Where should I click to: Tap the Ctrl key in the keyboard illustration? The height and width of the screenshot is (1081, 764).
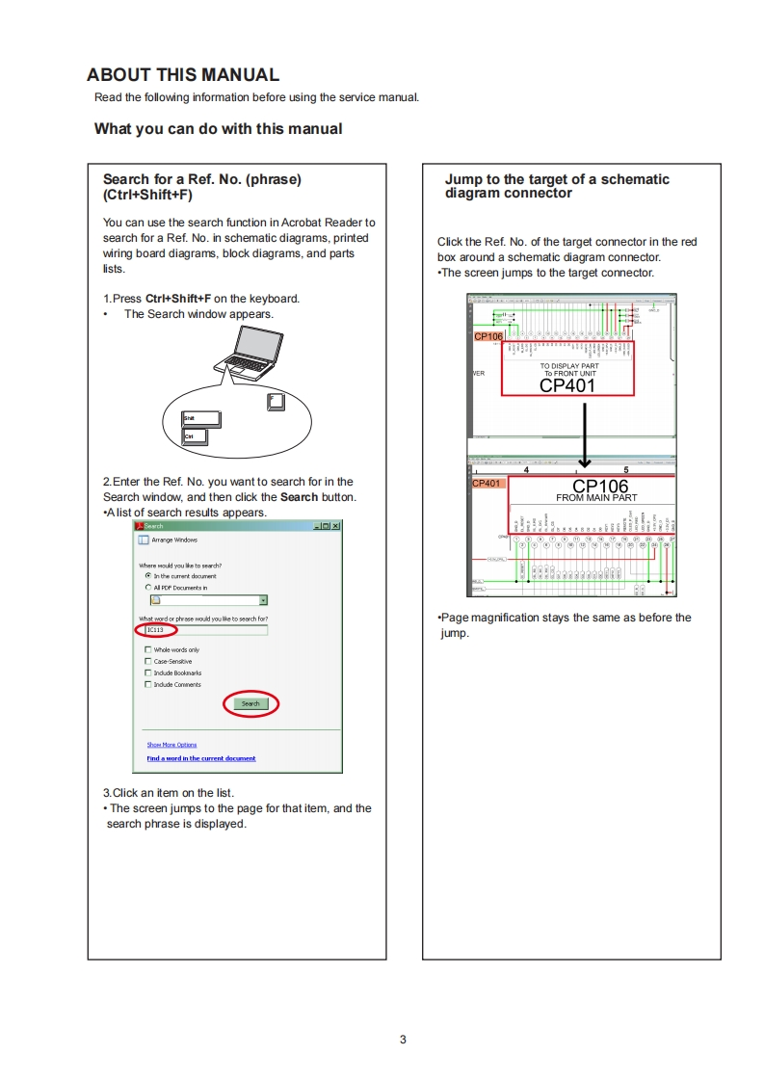(195, 436)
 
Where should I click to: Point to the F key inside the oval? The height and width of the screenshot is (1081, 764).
(277, 400)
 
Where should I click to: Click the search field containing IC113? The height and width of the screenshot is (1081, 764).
(205, 629)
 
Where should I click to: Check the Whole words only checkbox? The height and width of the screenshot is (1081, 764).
(148, 650)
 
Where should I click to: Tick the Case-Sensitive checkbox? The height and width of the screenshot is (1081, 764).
(148, 662)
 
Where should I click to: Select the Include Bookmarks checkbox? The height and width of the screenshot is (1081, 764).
(148, 673)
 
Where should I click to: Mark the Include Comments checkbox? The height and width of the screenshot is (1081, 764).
(148, 685)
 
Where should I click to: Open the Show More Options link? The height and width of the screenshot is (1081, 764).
(171, 745)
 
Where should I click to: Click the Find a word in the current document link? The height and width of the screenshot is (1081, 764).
(201, 758)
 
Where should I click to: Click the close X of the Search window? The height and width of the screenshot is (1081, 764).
(335, 526)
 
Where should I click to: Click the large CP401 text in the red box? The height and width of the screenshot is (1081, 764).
(567, 385)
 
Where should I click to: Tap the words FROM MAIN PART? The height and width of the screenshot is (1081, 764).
(596, 498)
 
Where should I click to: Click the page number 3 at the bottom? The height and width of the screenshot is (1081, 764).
(403, 1040)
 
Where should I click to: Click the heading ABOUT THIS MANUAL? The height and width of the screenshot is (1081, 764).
(183, 75)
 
